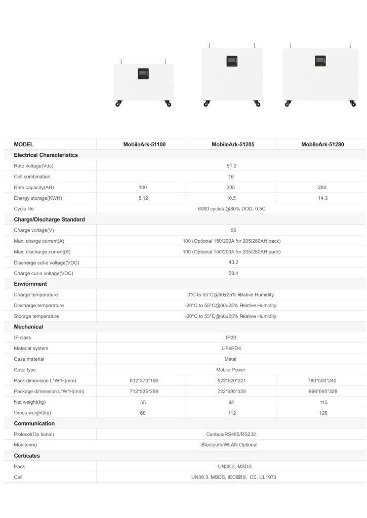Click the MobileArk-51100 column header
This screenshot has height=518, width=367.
144,144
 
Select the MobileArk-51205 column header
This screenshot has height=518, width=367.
233,144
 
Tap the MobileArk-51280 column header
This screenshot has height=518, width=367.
322,144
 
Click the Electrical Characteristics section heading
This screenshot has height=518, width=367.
46,155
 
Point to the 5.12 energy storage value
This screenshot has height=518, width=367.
143,198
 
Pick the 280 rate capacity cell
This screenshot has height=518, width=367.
322,187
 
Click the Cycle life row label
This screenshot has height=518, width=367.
25,209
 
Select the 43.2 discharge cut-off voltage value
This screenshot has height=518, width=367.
233,262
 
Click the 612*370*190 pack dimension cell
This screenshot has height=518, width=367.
143,380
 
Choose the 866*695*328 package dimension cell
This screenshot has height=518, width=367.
322,391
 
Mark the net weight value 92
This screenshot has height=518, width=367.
233,402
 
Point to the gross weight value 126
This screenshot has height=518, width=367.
322,413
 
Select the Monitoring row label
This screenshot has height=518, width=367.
25,445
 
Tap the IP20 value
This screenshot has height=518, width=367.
231,337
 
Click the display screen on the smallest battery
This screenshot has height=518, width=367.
143,74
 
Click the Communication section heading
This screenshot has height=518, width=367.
34,423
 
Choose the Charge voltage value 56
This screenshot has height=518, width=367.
233,230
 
